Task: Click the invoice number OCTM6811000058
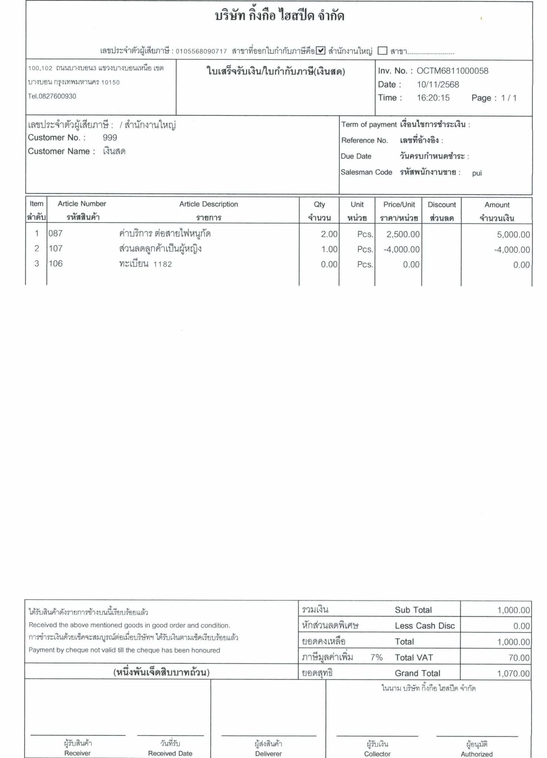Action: click(x=452, y=71)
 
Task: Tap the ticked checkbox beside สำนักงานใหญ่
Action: click(x=321, y=50)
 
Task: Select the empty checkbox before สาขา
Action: click(x=382, y=50)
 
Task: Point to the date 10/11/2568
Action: click(x=438, y=84)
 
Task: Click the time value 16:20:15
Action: click(x=433, y=98)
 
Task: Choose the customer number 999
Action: click(x=110, y=138)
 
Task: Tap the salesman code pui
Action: click(x=477, y=173)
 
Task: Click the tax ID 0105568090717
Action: click(x=201, y=51)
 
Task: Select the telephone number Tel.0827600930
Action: click(x=52, y=96)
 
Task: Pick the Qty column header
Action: click(x=319, y=204)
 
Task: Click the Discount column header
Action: click(x=441, y=205)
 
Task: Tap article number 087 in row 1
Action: click(x=56, y=234)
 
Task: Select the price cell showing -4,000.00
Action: click(x=401, y=249)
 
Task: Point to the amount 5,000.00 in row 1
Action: click(x=513, y=234)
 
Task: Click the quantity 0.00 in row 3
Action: click(x=329, y=264)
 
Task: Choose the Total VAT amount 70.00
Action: click(x=519, y=658)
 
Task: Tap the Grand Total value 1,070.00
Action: click(x=513, y=673)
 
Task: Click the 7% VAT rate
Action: click(x=376, y=657)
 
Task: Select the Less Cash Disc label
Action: click(x=424, y=626)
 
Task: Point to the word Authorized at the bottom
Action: click(x=477, y=754)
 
